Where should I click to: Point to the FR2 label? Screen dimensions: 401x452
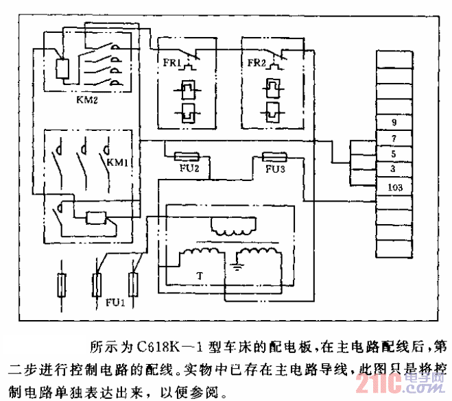point(254,63)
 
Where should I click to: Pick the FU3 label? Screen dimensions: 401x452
point(275,169)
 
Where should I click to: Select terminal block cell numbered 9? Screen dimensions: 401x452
point(394,123)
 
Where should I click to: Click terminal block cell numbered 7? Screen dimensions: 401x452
point(394,139)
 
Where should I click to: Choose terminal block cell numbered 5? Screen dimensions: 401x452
point(394,154)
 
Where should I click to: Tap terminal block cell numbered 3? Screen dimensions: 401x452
point(394,169)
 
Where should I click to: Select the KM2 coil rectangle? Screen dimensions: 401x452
point(62,69)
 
